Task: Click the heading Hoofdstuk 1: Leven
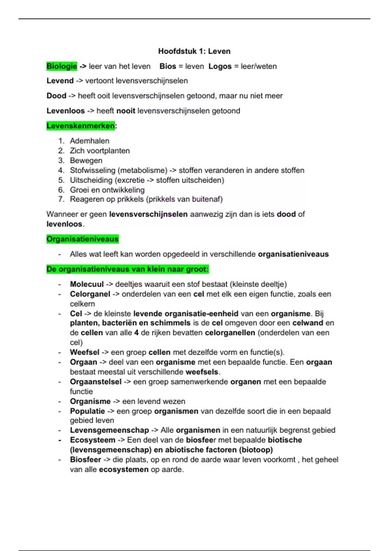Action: (x=194, y=51)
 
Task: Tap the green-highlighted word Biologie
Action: (x=62, y=66)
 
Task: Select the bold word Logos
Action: (x=220, y=66)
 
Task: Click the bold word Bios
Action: (x=168, y=66)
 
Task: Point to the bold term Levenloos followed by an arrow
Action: (x=65, y=111)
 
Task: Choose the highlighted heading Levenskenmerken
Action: (x=80, y=126)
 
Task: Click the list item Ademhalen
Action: (x=89, y=141)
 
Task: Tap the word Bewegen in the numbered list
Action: (x=86, y=160)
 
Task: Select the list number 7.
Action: (x=61, y=199)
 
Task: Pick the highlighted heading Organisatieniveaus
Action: (x=82, y=239)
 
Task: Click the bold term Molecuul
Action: (x=87, y=284)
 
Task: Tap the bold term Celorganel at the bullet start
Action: (x=90, y=294)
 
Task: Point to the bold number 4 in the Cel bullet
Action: (x=136, y=333)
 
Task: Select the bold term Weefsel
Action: (x=84, y=352)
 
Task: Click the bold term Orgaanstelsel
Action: (x=96, y=382)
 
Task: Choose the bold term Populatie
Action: (x=87, y=411)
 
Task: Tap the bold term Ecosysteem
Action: (x=92, y=440)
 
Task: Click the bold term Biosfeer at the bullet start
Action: (x=85, y=460)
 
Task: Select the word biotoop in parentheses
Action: (x=256, y=450)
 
